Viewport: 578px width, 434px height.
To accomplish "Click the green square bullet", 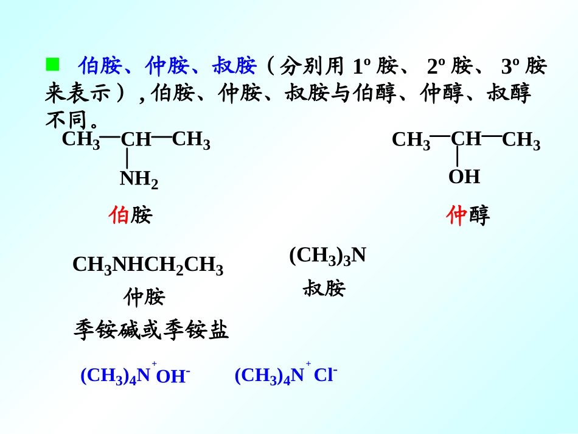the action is click(52, 63).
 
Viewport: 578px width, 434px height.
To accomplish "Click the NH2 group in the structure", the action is click(139, 179).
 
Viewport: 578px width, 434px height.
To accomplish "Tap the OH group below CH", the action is click(464, 177).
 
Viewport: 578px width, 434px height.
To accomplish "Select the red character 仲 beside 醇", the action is click(456, 215).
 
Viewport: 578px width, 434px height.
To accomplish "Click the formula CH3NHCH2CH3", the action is click(148, 266).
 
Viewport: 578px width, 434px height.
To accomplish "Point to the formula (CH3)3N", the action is click(327, 255).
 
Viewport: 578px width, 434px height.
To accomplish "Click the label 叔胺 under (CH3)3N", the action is click(324, 288).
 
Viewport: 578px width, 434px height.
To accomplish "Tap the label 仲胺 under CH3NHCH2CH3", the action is click(144, 297).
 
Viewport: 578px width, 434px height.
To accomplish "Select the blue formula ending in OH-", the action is click(135, 376).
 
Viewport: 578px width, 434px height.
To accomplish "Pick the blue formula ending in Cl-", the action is click(286, 375).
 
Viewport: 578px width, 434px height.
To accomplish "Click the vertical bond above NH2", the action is click(127, 158).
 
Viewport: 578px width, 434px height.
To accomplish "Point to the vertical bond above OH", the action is click(458, 156).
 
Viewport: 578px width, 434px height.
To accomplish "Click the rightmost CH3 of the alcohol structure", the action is click(521, 141).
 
